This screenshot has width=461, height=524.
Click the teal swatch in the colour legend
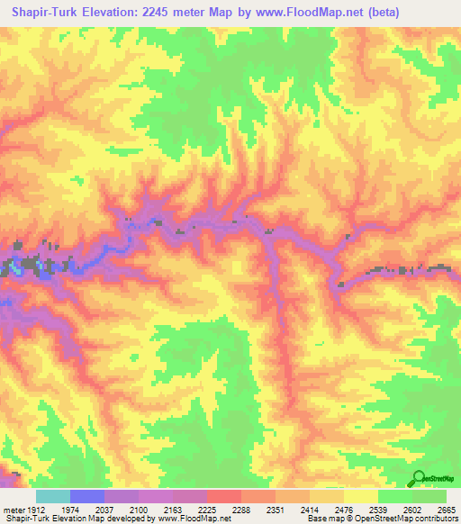[52, 496]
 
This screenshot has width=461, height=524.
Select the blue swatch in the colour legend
[86, 496]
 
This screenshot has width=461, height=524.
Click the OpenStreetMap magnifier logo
[420, 478]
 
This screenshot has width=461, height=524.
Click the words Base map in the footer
[321, 519]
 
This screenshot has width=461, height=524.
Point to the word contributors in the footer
[435, 519]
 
